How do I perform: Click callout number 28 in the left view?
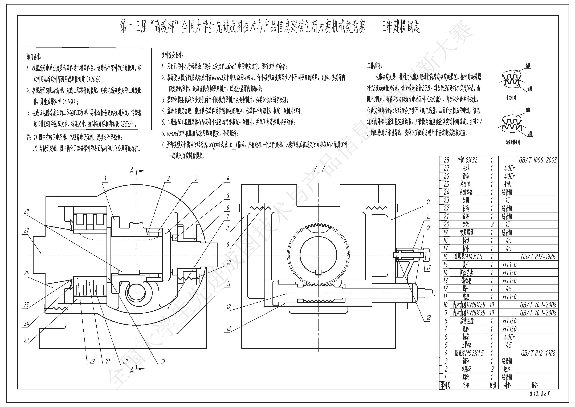click(x=26, y=211)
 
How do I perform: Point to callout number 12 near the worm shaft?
click(x=228, y=307)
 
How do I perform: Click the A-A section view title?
click(x=320, y=169)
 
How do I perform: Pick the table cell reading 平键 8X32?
click(x=467, y=160)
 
